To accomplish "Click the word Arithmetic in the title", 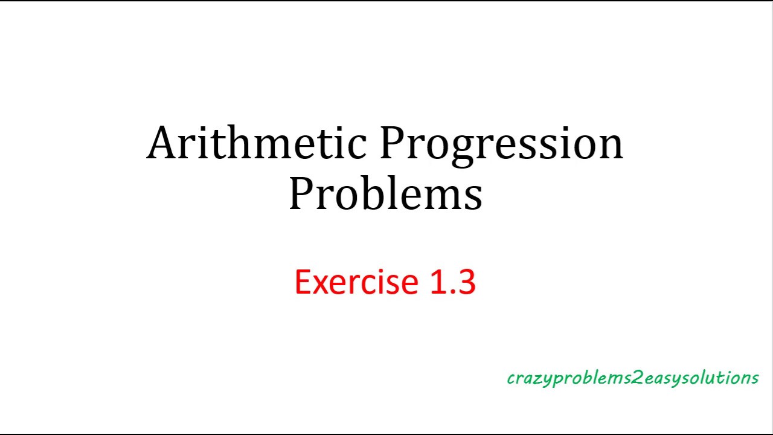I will (257, 144).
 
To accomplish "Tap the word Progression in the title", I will (501, 144).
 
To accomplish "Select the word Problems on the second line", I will (385, 195).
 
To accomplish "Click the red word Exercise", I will (356, 282).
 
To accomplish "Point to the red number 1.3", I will (452, 282).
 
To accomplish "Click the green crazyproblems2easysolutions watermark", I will (632, 378).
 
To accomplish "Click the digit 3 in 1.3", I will (467, 282).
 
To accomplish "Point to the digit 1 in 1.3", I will (438, 282).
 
